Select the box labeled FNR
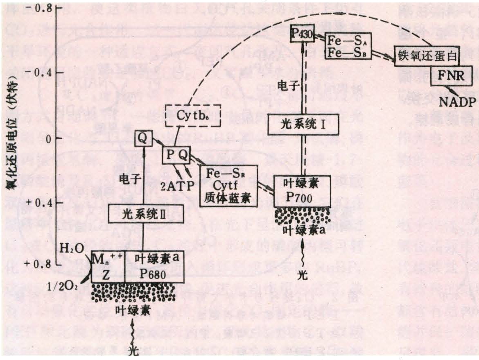[452, 76]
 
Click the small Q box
[142, 138]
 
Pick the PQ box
[177, 155]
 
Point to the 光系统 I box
[303, 124]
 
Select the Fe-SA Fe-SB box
[348, 46]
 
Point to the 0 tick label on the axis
[48, 138]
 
